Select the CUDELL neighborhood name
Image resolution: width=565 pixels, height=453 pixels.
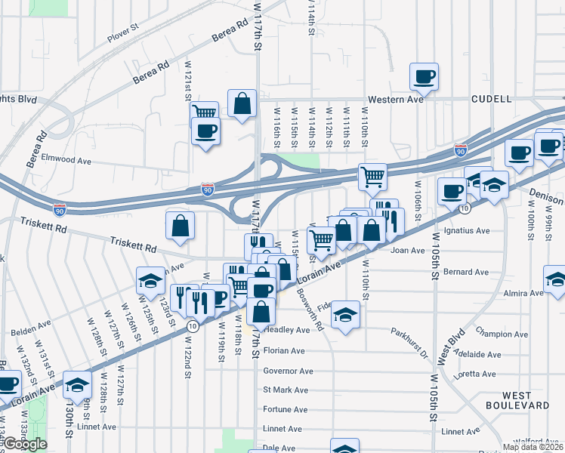[491, 99]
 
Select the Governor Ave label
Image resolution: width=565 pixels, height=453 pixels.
[288, 371]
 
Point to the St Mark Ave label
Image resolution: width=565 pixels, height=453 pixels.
[286, 390]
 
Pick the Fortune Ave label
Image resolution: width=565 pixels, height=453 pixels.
[286, 409]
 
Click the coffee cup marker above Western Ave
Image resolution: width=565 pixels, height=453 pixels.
[425, 76]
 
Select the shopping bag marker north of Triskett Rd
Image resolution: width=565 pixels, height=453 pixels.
[181, 225]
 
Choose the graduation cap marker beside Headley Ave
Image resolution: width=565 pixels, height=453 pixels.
[345, 313]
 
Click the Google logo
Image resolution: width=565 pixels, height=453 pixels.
[25, 444]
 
